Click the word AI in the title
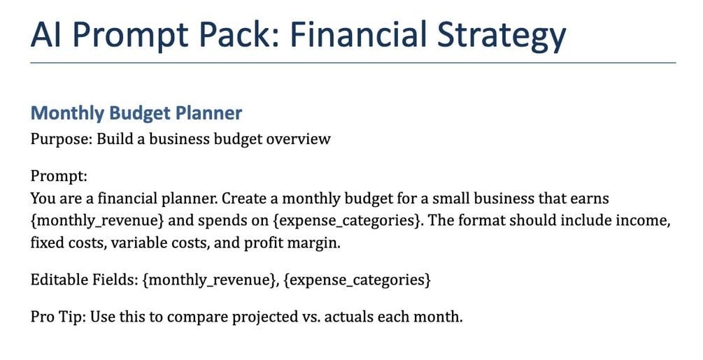click(46, 34)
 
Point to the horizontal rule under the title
click(353, 63)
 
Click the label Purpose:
click(61, 139)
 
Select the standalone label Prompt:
click(58, 176)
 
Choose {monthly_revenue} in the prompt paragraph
click(97, 221)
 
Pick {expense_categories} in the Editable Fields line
click(357, 280)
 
